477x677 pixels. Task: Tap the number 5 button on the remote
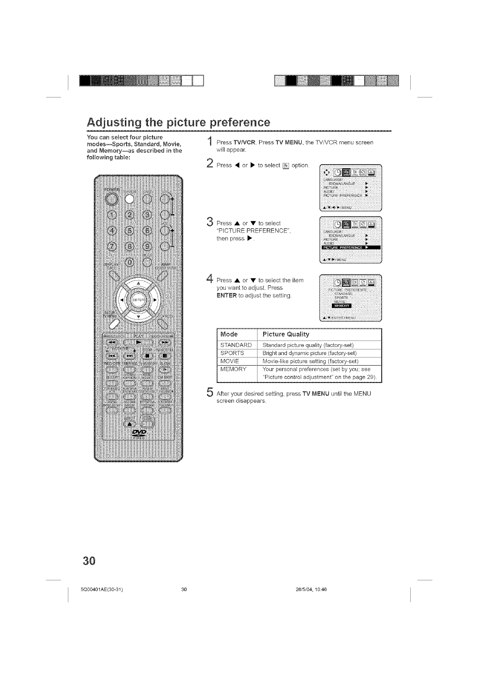[x=131, y=231]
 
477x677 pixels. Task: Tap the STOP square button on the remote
[x=148, y=356]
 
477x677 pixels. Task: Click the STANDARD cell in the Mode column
[x=236, y=345]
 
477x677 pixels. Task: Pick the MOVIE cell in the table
[x=230, y=361]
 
